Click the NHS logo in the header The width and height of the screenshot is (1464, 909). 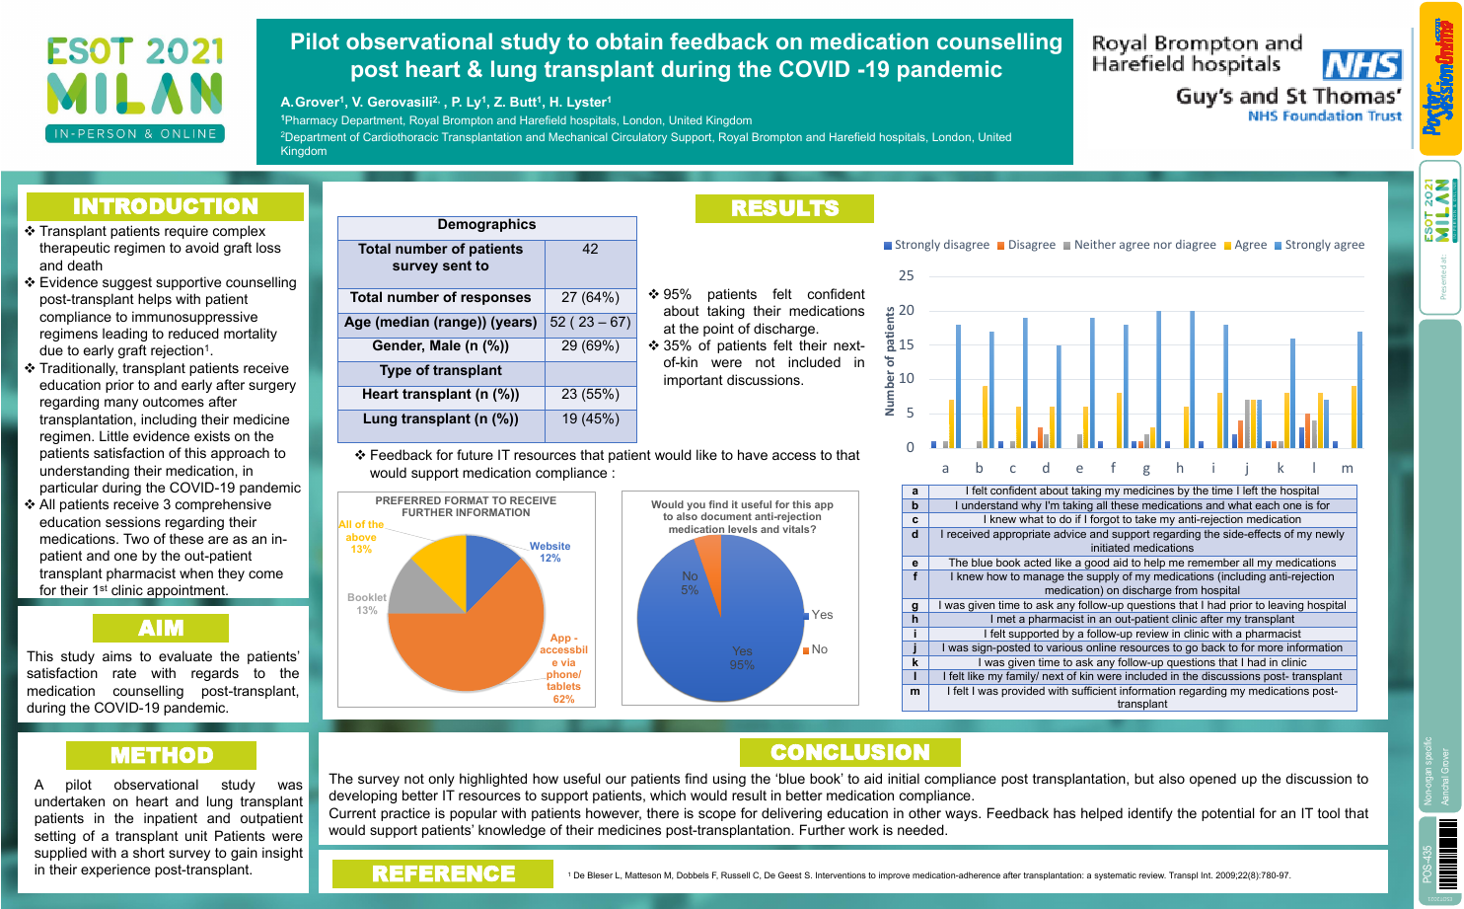(x=1361, y=65)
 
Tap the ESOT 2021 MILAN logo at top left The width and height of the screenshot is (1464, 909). (x=135, y=90)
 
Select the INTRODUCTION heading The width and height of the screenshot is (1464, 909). (x=165, y=206)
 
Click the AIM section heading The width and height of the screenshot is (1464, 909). (x=161, y=628)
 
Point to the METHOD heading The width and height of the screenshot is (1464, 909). (x=161, y=755)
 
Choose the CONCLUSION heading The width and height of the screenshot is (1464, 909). (x=849, y=752)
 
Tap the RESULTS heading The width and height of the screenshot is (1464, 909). (x=784, y=208)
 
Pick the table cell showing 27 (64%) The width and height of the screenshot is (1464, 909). (x=590, y=297)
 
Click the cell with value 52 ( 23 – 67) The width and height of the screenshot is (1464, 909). (x=590, y=322)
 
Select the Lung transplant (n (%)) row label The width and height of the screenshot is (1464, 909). (x=440, y=418)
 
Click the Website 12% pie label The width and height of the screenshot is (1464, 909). (x=549, y=552)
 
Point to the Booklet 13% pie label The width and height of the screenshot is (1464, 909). (x=367, y=603)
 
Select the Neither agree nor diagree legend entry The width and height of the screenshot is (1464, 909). (x=1139, y=245)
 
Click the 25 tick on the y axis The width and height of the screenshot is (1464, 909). (x=906, y=275)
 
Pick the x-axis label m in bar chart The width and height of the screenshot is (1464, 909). (x=1347, y=468)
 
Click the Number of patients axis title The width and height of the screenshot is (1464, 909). (x=890, y=360)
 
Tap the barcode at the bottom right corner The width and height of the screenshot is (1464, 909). (x=1447, y=854)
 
